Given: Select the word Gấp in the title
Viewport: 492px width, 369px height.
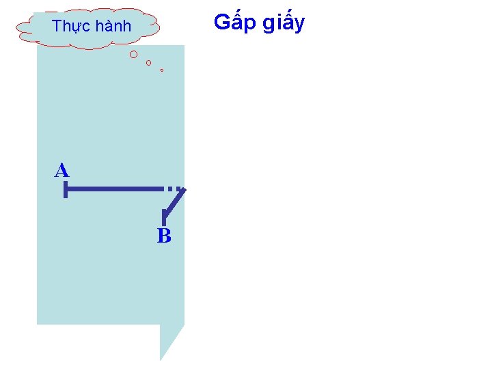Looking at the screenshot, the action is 232,23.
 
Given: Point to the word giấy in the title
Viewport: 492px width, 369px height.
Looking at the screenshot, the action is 282,23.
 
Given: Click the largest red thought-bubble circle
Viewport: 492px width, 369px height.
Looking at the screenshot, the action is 134,54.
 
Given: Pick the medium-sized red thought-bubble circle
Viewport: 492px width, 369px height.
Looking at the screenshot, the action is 148,63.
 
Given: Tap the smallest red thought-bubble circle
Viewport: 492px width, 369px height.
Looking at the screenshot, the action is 162,70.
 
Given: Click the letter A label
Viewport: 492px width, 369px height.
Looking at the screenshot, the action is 62,171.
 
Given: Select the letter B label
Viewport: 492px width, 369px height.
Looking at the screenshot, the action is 164,236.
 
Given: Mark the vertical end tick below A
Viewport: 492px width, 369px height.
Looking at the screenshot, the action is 66,190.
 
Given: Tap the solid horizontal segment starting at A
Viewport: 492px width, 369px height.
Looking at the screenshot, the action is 113,187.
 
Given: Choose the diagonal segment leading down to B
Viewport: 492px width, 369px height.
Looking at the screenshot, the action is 175,202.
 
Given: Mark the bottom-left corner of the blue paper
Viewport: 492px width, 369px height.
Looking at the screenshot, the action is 38,323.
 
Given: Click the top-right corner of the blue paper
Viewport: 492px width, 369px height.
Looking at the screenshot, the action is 183,46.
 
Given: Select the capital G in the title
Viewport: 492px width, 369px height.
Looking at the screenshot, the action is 221,22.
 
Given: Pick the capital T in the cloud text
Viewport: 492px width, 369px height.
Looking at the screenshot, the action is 57,27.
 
